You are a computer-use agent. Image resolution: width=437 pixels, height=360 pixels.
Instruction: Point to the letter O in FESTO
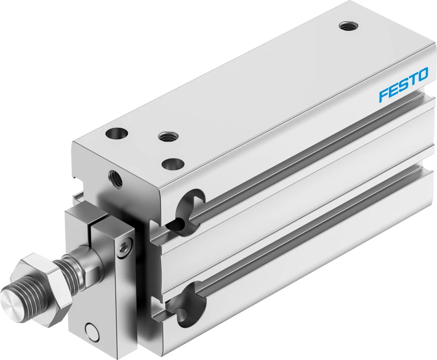[x=422, y=75]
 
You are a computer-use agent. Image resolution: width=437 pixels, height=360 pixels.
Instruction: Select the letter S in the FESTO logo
[x=402, y=85]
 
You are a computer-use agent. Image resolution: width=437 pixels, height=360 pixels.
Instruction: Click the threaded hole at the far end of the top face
[x=349, y=27]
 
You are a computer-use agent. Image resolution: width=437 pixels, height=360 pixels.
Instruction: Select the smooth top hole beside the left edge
[x=117, y=132]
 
